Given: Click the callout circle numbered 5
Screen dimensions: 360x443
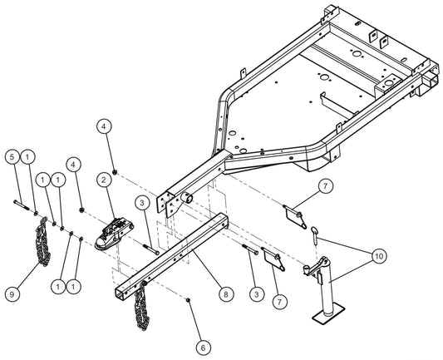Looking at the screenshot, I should click(x=12, y=156).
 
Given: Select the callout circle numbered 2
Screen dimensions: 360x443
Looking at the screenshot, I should click(x=105, y=179).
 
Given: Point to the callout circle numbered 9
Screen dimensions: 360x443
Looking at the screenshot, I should click(x=12, y=293).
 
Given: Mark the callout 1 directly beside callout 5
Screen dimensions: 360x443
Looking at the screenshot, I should click(x=28, y=156).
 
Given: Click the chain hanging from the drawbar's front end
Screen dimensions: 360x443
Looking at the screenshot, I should click(x=140, y=308).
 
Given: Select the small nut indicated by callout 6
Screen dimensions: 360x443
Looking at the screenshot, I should click(x=190, y=299).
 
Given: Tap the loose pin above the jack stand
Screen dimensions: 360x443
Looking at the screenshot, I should click(x=317, y=236).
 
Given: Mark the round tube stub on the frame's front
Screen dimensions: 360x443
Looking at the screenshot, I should click(x=189, y=199).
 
